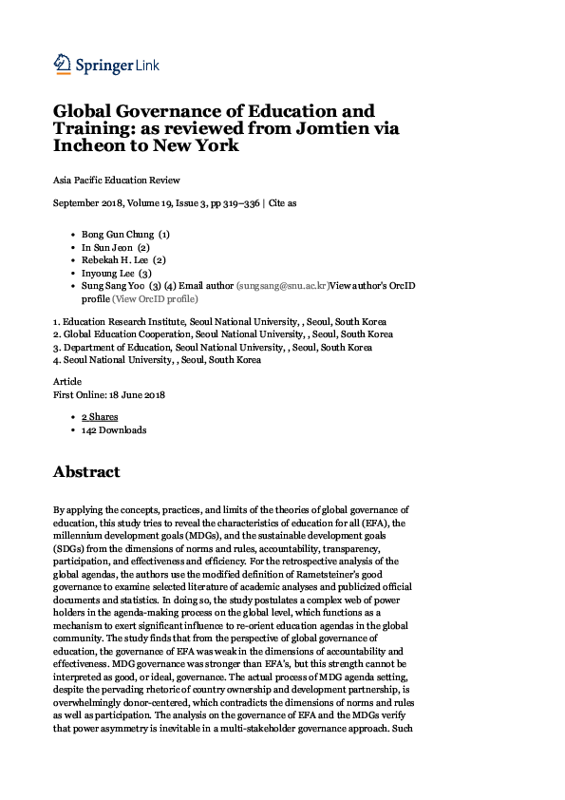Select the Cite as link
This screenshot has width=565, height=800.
pyautogui.click(x=283, y=202)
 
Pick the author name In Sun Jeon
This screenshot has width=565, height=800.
pyautogui.click(x=107, y=246)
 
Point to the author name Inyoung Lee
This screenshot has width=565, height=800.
pyautogui.click(x=109, y=273)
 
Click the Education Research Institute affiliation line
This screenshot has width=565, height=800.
pyautogui.click(x=218, y=321)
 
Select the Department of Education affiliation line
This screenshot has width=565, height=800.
pyautogui.click(x=212, y=347)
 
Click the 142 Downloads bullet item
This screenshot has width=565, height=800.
pyautogui.click(x=114, y=429)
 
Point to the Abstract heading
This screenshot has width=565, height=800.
pyautogui.click(x=86, y=472)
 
